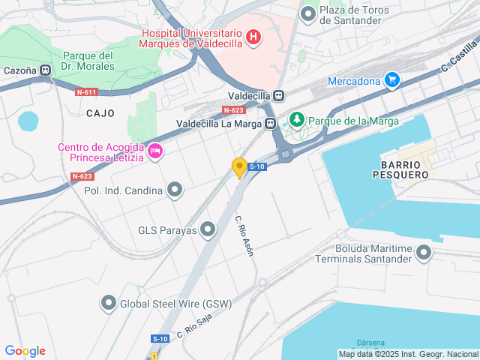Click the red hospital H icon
[253, 37]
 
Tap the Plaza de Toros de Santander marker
[307, 14]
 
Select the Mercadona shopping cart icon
[391, 80]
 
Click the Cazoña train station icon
[46, 70]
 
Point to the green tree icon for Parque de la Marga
[297, 120]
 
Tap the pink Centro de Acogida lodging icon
[155, 151]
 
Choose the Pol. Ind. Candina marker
[175, 190]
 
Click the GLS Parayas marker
[208, 229]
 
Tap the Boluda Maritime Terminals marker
[424, 253]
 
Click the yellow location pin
[240, 168]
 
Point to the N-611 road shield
[86, 92]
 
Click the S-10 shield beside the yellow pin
[257, 166]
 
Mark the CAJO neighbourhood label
[100, 113]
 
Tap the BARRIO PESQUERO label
[404, 169]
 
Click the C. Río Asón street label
[244, 236]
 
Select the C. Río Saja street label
[194, 324]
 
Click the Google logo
[25, 351]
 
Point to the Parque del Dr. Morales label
[88, 61]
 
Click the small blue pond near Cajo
[28, 121]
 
